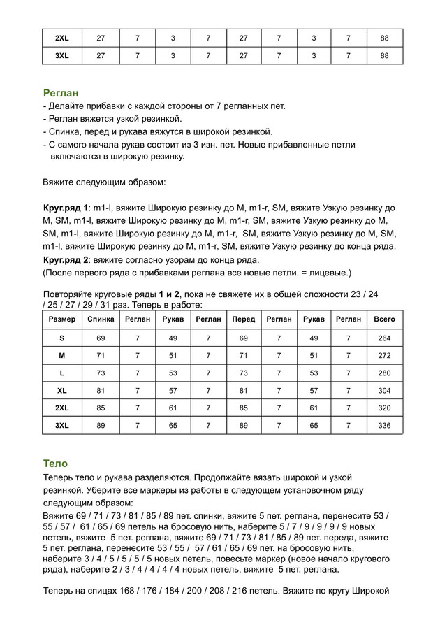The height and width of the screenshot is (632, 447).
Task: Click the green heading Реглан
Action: [x=61, y=92]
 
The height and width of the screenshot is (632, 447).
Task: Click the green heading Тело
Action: [x=55, y=463]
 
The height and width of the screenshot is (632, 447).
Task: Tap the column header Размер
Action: [x=62, y=319]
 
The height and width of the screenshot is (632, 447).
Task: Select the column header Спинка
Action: [x=101, y=319]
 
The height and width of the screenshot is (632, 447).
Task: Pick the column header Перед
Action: [x=244, y=319]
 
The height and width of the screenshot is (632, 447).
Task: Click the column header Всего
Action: [x=384, y=319]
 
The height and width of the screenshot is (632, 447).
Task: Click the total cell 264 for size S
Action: [x=384, y=338]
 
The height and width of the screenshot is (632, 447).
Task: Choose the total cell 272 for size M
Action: [x=384, y=355]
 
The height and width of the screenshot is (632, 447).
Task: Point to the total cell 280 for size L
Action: [x=384, y=373]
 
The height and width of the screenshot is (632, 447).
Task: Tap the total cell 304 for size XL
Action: [x=384, y=390]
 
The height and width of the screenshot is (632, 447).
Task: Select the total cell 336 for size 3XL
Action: [x=384, y=425]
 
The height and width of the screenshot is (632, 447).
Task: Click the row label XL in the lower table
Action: [x=62, y=390]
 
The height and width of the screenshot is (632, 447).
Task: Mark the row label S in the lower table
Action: [x=62, y=338]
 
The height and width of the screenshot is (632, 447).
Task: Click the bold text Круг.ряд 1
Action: [x=66, y=208]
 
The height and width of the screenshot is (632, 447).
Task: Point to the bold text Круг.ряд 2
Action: [x=66, y=259]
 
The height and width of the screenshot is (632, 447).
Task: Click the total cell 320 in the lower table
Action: [x=384, y=408]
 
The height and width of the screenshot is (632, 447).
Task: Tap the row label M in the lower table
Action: [x=62, y=355]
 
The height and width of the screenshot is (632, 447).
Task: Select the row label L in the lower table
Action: [x=62, y=373]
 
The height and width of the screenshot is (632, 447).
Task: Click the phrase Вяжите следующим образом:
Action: [x=104, y=182]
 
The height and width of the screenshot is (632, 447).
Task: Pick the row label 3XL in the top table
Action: [x=62, y=55]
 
